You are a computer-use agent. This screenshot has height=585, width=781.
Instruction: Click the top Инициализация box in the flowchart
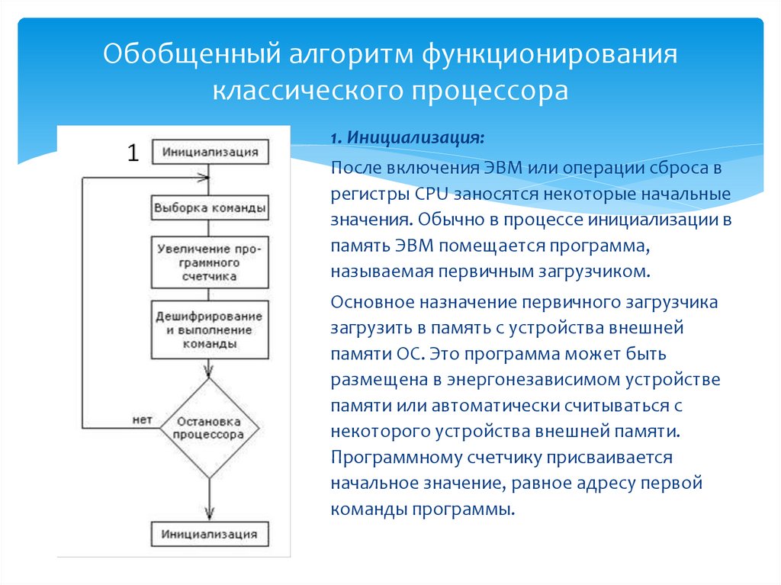(x=210, y=151)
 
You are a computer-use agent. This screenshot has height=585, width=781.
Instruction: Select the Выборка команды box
(x=210, y=207)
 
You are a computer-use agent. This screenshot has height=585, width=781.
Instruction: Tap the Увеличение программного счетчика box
(x=210, y=262)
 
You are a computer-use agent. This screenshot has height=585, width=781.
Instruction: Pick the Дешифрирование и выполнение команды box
(x=210, y=329)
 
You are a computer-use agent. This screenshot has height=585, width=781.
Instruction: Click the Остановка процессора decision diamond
(x=209, y=428)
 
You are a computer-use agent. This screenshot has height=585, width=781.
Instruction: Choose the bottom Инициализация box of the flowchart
(x=210, y=533)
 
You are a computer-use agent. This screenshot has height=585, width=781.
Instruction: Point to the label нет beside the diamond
(x=143, y=419)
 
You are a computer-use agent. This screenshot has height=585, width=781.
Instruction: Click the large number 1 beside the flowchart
(x=133, y=153)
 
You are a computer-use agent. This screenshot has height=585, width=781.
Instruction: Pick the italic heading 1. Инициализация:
(x=407, y=140)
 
